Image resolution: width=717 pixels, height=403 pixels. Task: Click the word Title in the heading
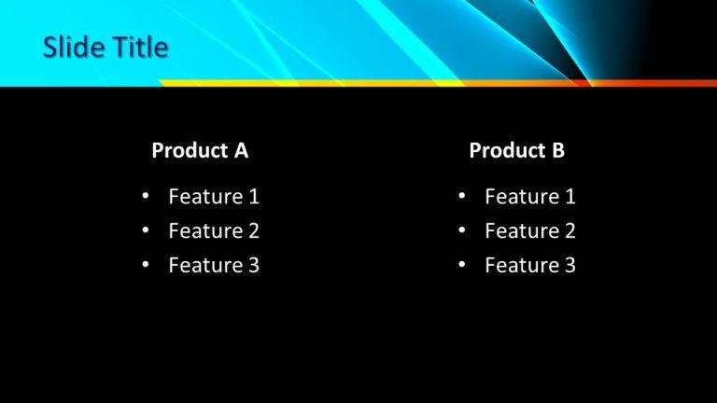pos(137,48)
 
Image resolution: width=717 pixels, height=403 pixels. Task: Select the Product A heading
pos(200,150)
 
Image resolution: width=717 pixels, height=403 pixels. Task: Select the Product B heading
pos(516,150)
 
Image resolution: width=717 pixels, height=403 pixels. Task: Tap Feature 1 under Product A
pos(214,197)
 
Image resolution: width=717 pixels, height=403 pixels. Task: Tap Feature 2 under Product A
pos(214,231)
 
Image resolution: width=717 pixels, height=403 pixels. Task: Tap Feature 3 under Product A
pos(214,266)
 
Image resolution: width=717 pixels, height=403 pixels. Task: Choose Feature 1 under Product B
pos(530,197)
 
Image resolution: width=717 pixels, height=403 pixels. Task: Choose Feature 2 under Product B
pos(530,231)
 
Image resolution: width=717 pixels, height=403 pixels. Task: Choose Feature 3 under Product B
pos(530,266)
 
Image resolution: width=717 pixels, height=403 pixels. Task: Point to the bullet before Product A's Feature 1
pos(146,197)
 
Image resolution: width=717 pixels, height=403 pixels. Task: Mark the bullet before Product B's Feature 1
pos(462,197)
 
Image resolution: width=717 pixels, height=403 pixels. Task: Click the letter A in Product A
pos(241,150)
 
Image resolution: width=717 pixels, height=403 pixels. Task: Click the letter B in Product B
pos(558,150)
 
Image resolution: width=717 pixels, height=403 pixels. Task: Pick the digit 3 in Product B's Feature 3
pos(569,266)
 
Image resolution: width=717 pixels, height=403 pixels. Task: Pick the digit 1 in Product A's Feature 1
pos(253,197)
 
